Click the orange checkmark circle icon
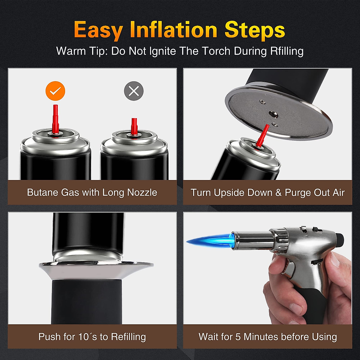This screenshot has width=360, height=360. tap(55, 91)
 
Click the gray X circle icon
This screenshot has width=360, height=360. tap(134, 91)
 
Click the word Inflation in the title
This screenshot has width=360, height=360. tap(173, 30)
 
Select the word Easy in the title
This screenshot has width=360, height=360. tap(98, 30)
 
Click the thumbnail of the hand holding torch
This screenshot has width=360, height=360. tap(268, 268)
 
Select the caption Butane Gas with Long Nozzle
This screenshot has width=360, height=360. tap(92, 192)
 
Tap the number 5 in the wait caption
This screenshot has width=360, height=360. tap(238, 337)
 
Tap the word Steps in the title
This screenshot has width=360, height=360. tap(255, 30)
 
